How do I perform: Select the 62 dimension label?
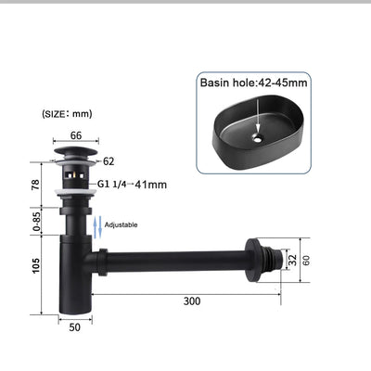[109, 160]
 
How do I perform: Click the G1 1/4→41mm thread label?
[132, 184]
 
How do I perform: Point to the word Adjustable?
[122, 224]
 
